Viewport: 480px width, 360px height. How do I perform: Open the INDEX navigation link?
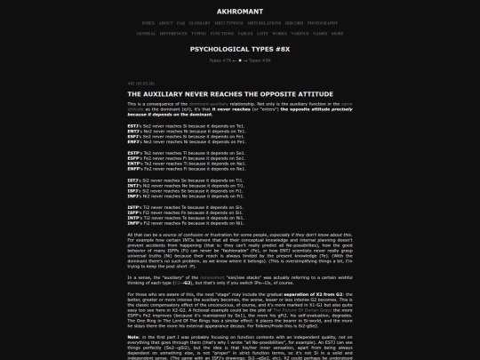(148, 22)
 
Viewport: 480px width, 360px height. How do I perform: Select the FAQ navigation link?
(180, 22)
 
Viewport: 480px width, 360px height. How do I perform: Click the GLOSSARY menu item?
(200, 22)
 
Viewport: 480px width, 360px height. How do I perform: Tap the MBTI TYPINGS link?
(229, 22)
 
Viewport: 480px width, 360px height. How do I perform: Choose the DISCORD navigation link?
(293, 22)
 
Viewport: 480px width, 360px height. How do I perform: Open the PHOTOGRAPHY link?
(324, 22)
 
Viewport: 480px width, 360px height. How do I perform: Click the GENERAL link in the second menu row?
(146, 33)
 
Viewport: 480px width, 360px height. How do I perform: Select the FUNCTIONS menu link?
(222, 33)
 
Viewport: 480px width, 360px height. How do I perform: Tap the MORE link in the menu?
(337, 33)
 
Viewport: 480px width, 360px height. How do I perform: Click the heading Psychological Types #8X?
(239, 49)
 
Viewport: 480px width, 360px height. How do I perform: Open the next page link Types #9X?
(260, 60)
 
